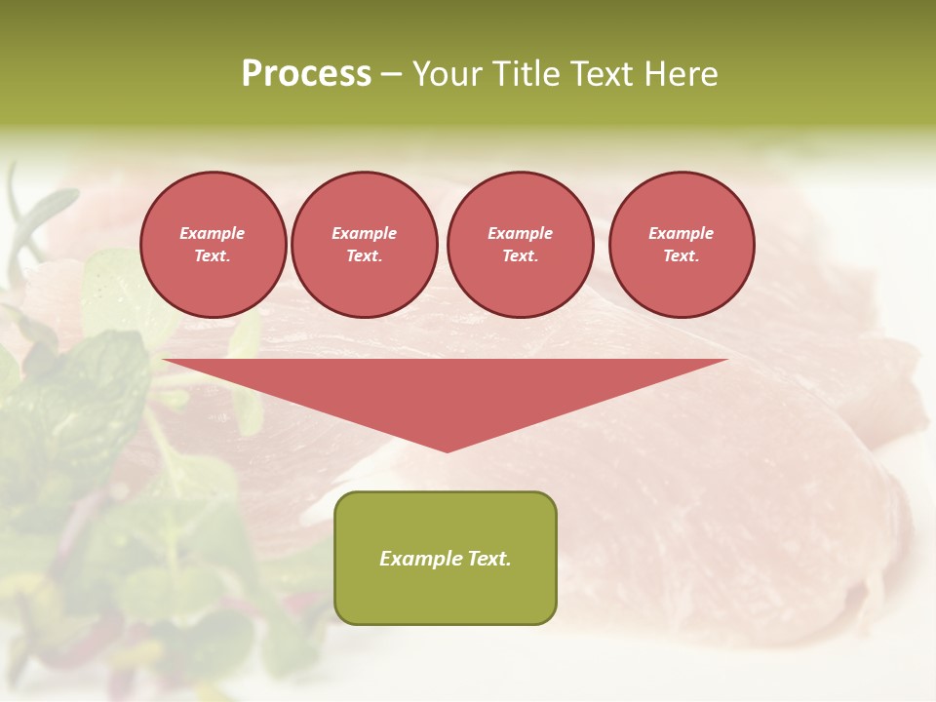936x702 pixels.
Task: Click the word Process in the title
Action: click(x=306, y=74)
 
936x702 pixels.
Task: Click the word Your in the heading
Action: click(x=447, y=74)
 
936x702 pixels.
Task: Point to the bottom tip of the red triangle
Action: click(x=447, y=449)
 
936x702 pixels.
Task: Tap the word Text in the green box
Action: click(x=488, y=559)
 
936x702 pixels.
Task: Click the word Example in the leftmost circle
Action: click(x=213, y=233)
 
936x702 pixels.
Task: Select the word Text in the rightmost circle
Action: click(x=681, y=255)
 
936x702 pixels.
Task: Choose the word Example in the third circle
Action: click(x=520, y=233)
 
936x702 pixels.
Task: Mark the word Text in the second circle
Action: click(x=364, y=255)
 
